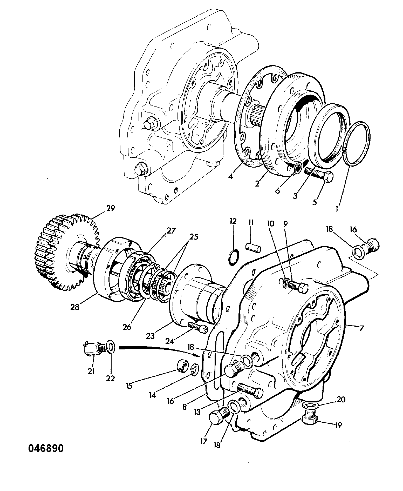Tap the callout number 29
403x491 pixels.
(111, 209)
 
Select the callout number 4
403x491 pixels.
(230, 177)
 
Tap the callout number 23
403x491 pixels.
(150, 336)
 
